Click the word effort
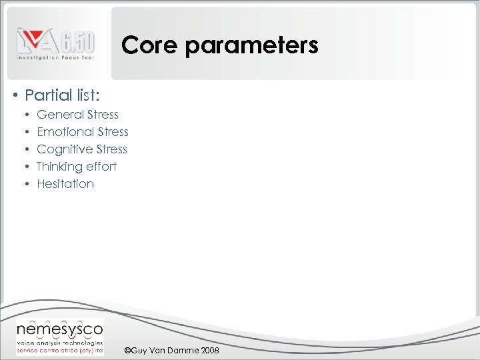(101, 167)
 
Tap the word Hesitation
(65, 184)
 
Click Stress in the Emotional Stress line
(113, 132)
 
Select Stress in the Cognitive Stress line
(111, 149)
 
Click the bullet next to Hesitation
(28, 184)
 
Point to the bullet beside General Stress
(28, 115)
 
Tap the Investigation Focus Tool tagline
(55, 58)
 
